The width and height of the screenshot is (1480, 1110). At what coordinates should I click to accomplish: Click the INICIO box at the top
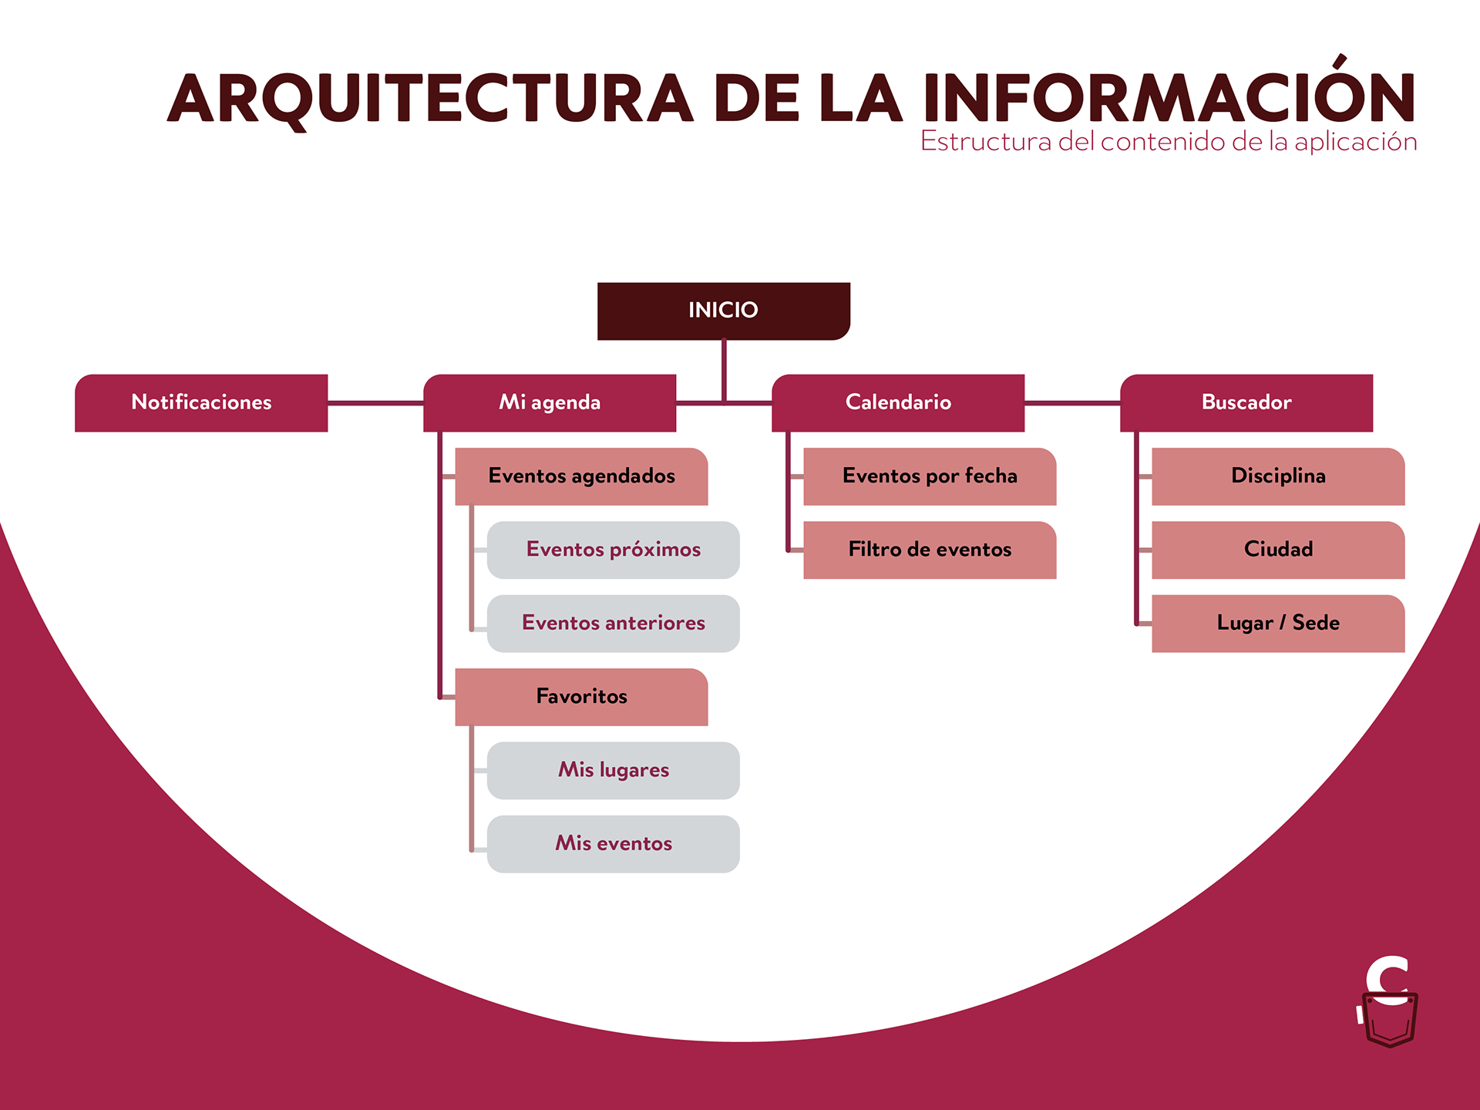(723, 311)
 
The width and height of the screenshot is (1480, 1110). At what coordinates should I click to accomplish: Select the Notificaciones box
(201, 402)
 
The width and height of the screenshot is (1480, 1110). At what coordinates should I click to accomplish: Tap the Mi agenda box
(550, 402)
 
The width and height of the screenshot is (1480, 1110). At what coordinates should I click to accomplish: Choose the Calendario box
(898, 402)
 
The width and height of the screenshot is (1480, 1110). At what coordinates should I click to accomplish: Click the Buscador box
(1246, 402)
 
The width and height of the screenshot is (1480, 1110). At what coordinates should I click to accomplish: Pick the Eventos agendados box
(581, 476)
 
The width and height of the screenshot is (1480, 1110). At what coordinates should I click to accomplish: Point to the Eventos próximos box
(614, 550)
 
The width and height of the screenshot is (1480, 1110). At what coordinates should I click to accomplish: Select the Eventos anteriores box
(614, 623)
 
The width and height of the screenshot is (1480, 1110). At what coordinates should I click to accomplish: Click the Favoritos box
(581, 697)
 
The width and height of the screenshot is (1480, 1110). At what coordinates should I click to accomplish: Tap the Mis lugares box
(614, 770)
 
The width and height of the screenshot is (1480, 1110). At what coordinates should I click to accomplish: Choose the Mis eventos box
(614, 843)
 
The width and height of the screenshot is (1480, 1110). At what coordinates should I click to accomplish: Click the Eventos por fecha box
(930, 476)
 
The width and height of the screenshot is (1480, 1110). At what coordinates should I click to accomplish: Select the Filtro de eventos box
(930, 550)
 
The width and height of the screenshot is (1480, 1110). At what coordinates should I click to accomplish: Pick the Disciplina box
(1278, 476)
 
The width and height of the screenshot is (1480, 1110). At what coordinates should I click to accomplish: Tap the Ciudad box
(1278, 550)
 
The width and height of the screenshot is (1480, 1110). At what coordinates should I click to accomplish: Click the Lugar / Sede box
(1278, 623)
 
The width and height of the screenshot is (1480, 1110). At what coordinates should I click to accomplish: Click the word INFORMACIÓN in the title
(1169, 98)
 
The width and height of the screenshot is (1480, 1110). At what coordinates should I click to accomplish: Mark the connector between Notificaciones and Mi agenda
(375, 402)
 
